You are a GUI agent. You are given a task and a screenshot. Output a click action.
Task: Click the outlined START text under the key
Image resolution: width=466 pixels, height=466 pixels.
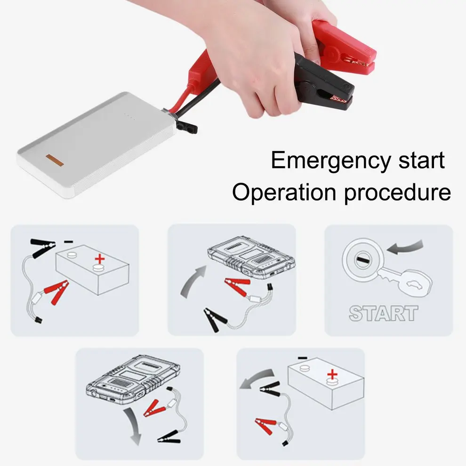tap(383, 313)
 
